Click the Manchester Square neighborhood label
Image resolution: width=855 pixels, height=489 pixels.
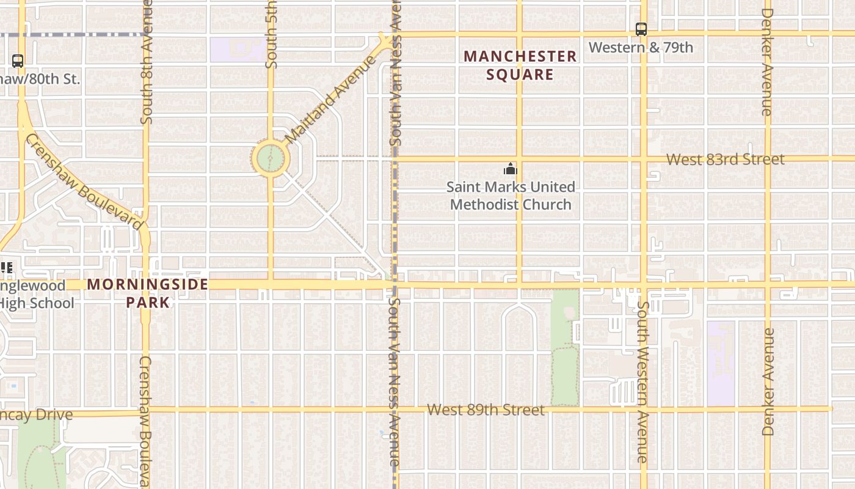[520, 65]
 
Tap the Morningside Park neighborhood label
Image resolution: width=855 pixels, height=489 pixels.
[148, 293]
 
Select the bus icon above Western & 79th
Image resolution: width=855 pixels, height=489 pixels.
[641, 29]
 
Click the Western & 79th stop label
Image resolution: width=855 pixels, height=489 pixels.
[641, 47]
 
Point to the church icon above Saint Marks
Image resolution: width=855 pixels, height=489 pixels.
[510, 169]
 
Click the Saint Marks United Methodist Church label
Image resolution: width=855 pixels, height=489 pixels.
[511, 196]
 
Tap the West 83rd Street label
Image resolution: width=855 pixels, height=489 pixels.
[725, 160]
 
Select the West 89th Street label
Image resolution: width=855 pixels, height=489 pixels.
[486, 410]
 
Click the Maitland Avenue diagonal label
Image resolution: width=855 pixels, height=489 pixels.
[330, 100]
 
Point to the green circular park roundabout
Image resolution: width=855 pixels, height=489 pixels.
[270, 159]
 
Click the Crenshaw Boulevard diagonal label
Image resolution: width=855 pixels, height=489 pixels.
[84, 182]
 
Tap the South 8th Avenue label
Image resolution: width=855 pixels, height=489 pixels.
[147, 61]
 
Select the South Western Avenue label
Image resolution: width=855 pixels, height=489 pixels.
[641, 381]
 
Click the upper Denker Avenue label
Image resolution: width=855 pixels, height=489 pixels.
[768, 61]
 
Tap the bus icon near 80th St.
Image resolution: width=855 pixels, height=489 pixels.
[18, 61]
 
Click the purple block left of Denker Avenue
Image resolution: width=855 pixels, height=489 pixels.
[721, 363]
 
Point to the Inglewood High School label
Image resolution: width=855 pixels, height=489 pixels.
[37, 294]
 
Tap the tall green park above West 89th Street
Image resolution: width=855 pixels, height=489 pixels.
[565, 348]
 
